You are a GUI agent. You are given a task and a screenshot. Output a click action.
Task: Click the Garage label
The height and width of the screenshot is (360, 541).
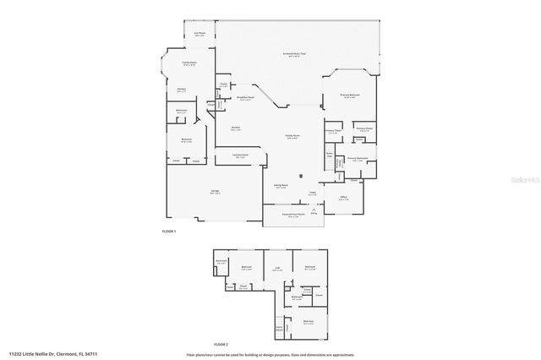[x=215, y=192]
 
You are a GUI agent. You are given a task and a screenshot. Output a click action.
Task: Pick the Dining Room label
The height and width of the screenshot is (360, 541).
[x=281, y=185]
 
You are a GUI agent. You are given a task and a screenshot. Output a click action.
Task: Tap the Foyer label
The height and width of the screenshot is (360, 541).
[x=312, y=193]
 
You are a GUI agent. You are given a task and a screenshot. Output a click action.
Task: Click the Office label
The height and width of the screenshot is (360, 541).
[x=344, y=199]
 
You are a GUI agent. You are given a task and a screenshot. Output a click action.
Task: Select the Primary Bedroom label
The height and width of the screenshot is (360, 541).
[x=350, y=96]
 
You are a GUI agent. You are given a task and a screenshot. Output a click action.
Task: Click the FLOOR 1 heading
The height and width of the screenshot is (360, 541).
[x=168, y=230]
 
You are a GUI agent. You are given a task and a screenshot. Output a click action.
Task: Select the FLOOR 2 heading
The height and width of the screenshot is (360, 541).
[x=221, y=343]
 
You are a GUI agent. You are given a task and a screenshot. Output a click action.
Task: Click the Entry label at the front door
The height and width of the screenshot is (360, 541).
[x=313, y=213]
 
